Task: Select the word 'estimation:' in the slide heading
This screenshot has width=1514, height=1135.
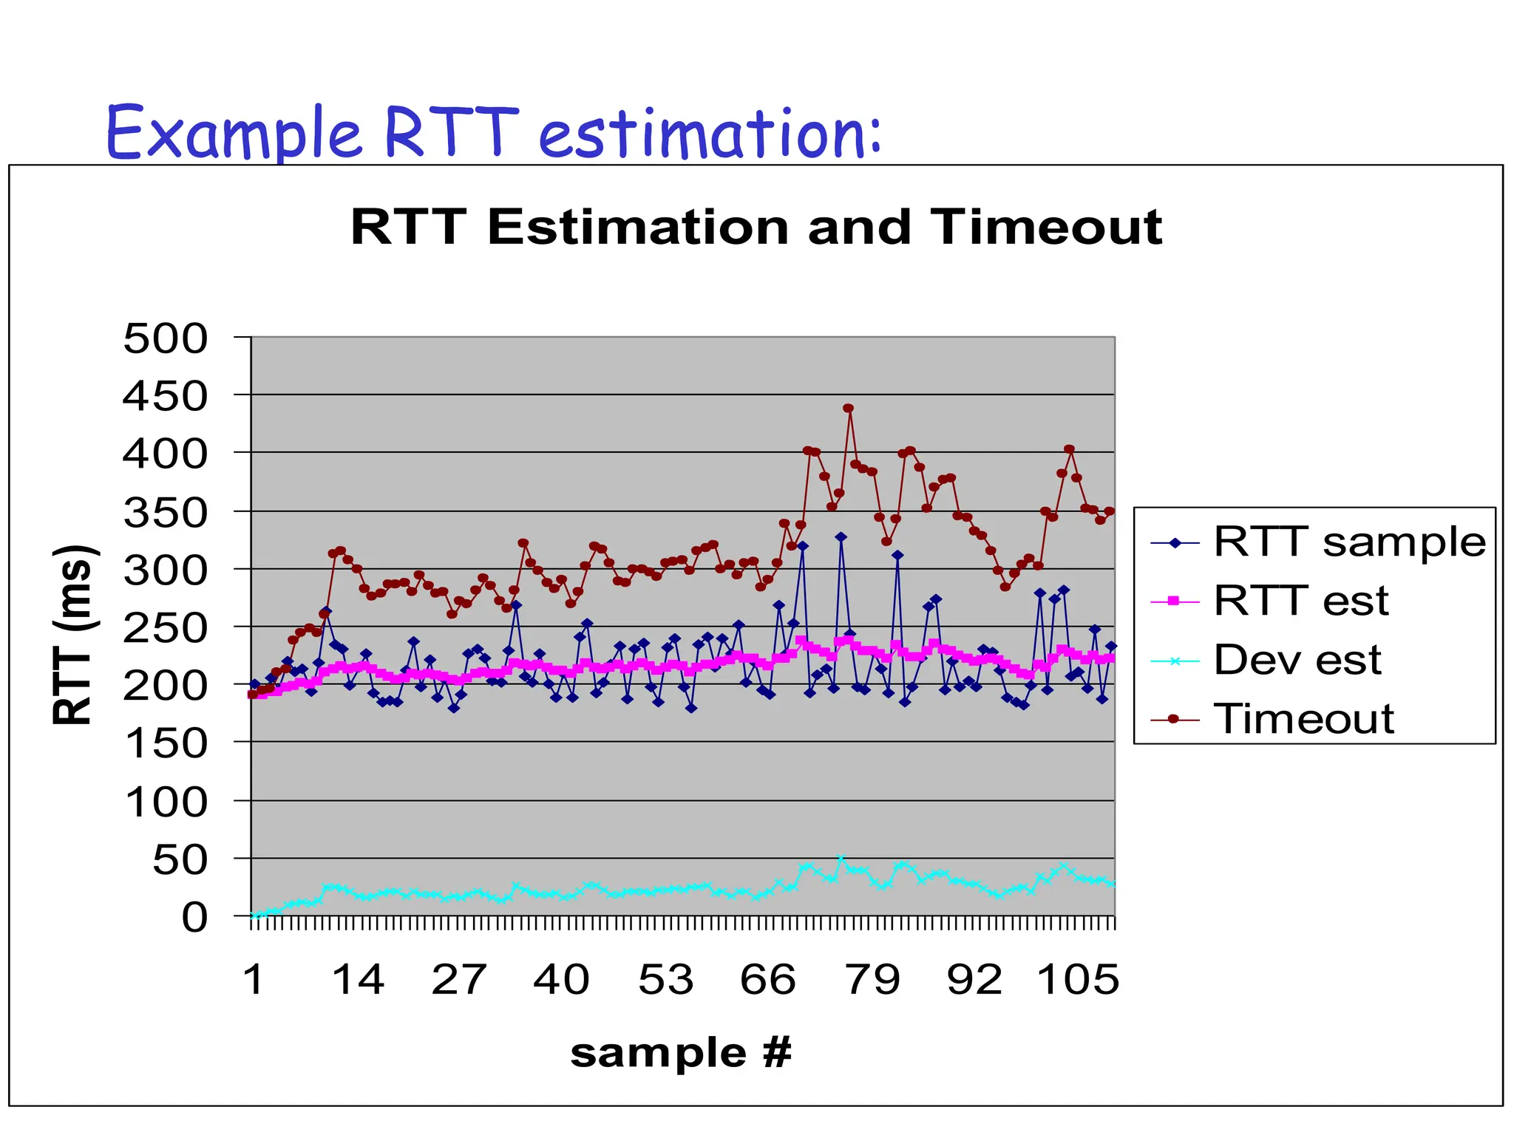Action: pos(710,134)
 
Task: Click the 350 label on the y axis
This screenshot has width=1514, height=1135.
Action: pos(166,513)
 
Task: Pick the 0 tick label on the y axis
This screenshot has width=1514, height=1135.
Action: pos(195,918)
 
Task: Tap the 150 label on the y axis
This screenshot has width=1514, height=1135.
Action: pos(166,743)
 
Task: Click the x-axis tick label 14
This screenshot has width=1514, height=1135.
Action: pos(358,981)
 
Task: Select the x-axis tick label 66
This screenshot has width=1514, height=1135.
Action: pos(768,981)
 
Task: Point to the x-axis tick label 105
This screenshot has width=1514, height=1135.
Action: pos(1078,981)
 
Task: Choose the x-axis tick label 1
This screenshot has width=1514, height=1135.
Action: pos(254,981)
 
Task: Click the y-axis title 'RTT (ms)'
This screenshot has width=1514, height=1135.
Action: pos(74,634)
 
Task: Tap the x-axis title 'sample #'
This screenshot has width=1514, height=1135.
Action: pos(681,1052)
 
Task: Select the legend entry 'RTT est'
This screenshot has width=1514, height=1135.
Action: pos(1301,601)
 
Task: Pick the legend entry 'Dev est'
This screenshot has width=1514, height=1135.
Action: pos(1297,660)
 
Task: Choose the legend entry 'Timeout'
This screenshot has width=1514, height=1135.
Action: pos(1303,718)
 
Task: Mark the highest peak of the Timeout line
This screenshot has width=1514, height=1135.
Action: pos(849,408)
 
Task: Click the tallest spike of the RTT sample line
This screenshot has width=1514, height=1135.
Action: pos(841,537)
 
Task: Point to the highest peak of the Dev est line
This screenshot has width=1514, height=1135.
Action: pos(841,859)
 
